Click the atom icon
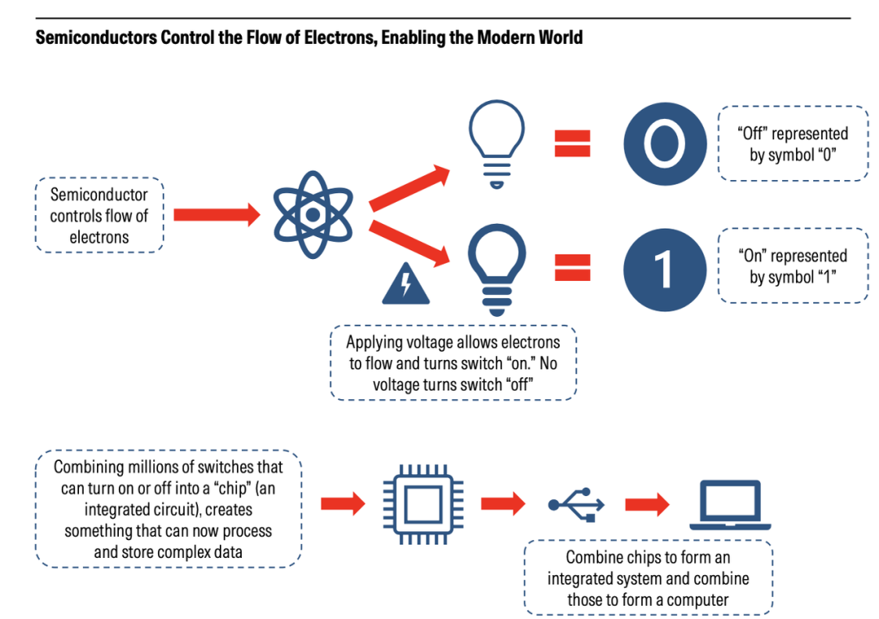[312, 214]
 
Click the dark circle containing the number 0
[664, 144]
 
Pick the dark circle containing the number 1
[664, 270]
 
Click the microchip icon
[423, 505]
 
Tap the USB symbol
[576, 505]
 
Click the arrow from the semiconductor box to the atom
[216, 214]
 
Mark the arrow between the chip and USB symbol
[503, 504]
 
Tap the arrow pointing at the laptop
[647, 505]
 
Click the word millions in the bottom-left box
[160, 468]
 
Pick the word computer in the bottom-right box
[698, 599]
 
